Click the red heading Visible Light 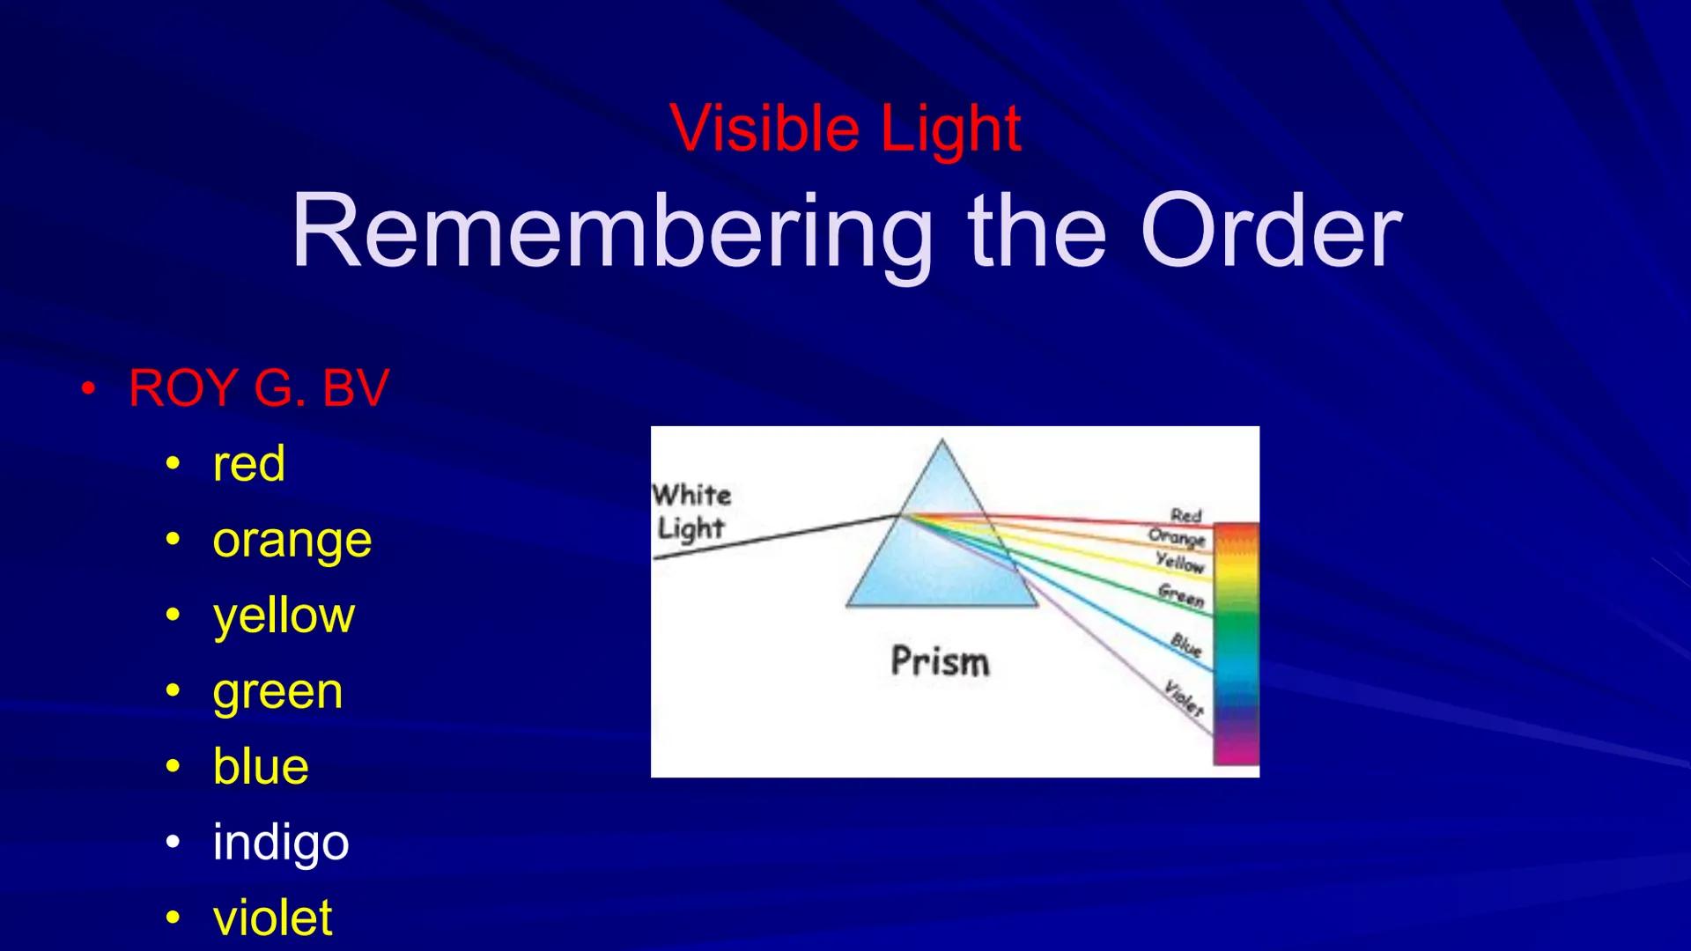pos(845,129)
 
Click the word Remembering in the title pos(611,231)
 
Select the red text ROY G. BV pos(258,387)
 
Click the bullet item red pos(248,463)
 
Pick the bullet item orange pos(292,540)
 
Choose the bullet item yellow pos(284,615)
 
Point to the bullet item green pos(277,691)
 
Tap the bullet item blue pos(261,766)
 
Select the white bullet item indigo pos(280,842)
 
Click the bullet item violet pos(272,918)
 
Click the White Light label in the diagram pos(692,511)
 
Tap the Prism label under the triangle pos(940,661)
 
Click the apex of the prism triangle pos(941,442)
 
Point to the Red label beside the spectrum pos(1185,514)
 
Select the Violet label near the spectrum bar pos(1184,697)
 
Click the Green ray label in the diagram pos(1180,596)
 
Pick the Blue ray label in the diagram pos(1186,645)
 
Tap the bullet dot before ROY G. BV pos(87,388)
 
